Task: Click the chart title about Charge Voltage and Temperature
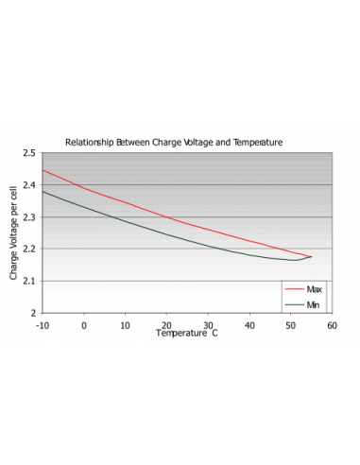174,142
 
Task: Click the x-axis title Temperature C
187,334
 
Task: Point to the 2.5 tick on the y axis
30,153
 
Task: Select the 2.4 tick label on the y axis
30,185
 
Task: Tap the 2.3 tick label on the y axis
30,217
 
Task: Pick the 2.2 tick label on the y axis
30,250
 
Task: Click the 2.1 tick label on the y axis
30,281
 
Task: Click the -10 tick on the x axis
43,324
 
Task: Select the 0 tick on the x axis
84,324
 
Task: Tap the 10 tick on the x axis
125,324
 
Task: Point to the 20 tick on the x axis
166,324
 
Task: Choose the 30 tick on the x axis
208,324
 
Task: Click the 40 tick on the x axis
249,324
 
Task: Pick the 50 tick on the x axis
290,324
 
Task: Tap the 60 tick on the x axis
332,324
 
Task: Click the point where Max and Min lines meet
311,256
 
